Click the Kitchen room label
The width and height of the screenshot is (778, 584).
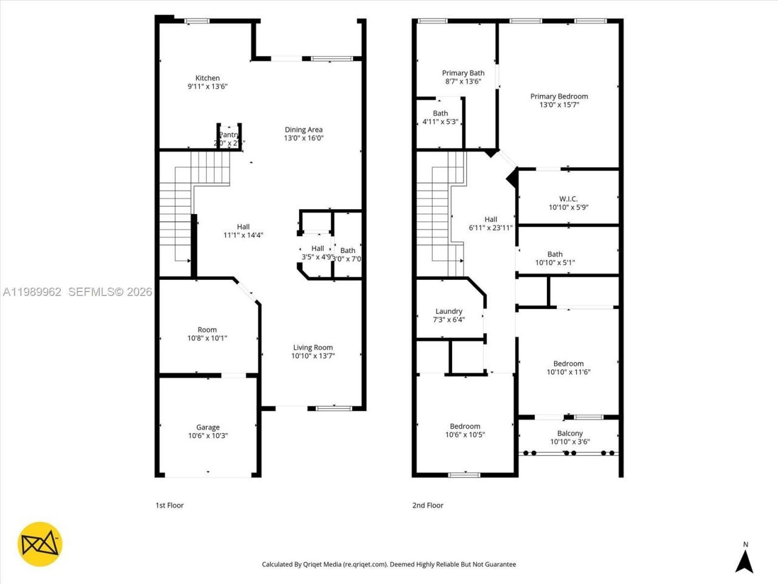(207, 78)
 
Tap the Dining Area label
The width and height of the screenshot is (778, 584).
(303, 130)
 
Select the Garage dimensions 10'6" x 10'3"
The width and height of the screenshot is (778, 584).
(208, 436)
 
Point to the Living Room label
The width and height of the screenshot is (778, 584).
(313, 347)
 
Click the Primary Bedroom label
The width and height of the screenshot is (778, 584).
(559, 96)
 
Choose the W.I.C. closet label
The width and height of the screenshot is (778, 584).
(568, 199)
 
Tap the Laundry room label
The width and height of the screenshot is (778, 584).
(449, 311)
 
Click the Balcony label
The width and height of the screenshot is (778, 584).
(570, 433)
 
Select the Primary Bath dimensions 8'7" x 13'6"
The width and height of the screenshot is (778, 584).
(463, 82)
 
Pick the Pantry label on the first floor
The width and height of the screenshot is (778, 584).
(229, 134)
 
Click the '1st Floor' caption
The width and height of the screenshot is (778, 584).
(170, 505)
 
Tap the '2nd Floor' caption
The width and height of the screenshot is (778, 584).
(427, 505)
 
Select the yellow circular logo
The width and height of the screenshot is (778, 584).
(40, 544)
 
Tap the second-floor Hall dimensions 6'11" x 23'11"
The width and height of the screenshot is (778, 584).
(491, 228)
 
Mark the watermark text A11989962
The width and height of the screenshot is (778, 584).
(32, 292)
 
